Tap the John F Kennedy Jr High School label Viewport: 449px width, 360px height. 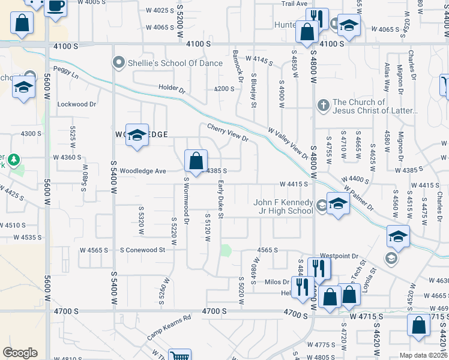[283, 206]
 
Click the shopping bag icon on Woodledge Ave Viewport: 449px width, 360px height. [196, 161]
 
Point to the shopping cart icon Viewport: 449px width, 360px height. [179, 356]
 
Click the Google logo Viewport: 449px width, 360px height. [20, 353]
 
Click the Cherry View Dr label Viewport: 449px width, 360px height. [228, 133]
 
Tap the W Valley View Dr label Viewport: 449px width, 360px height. [288, 145]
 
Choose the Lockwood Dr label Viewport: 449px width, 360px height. [76, 104]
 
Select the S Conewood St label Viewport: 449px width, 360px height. [142, 250]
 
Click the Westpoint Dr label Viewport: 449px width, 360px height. [343, 255]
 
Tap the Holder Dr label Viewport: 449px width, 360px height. [172, 88]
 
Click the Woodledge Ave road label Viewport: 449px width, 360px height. [142, 171]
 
